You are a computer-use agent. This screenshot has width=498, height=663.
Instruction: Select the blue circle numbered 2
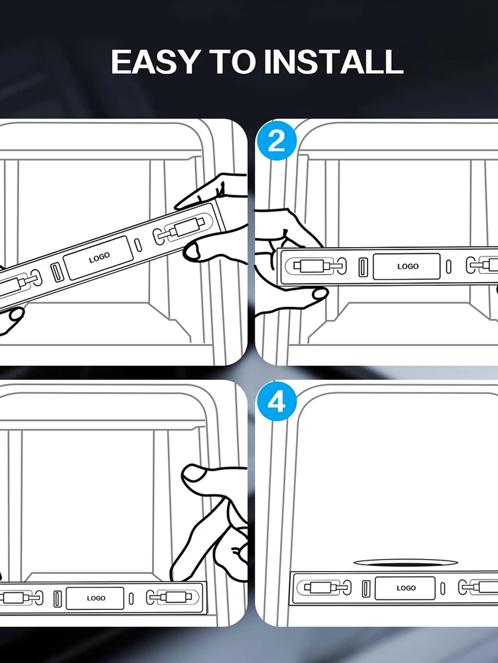pos(277,140)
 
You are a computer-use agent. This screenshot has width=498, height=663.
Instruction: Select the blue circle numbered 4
pos(277,402)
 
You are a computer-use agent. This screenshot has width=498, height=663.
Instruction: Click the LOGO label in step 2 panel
pos(408,267)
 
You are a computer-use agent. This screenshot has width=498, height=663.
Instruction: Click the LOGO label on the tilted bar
pos(99,257)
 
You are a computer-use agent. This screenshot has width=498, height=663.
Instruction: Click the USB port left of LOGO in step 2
pos(363,267)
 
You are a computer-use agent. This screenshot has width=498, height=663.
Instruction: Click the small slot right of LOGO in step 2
pos(449,267)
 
